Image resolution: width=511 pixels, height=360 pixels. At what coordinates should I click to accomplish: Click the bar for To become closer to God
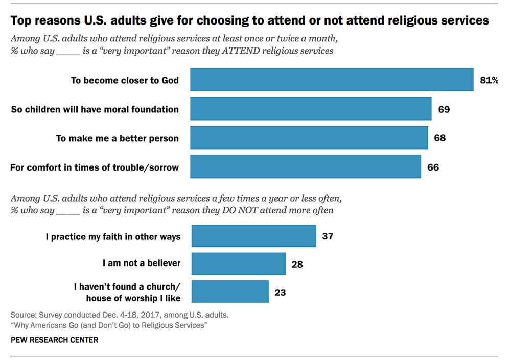point(332,80)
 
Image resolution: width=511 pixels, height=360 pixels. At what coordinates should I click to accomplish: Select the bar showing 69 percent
point(311,109)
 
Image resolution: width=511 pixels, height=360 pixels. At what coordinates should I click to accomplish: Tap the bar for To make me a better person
point(309,138)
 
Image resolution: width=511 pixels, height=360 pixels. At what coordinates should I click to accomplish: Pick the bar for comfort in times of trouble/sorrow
point(306,166)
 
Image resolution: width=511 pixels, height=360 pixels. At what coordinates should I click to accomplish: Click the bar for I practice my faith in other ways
point(253,236)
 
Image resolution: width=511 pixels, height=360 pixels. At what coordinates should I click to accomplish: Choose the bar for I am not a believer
point(238,264)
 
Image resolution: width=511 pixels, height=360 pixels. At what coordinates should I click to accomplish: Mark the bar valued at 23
point(229,292)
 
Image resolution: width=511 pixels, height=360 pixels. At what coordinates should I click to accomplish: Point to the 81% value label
point(489,80)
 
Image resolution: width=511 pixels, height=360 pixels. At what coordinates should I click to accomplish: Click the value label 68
point(439,138)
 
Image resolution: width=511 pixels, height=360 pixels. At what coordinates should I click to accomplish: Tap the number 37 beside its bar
point(328,236)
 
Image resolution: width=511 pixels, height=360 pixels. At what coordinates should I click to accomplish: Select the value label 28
point(297,264)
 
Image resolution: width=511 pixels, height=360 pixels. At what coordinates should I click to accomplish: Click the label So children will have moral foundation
point(95,109)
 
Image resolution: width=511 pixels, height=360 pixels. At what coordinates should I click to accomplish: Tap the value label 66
point(433,166)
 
